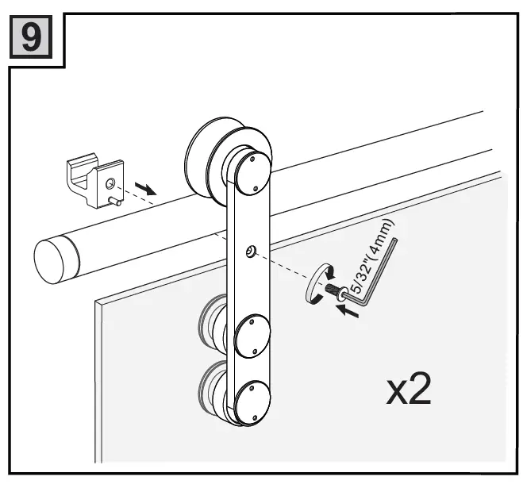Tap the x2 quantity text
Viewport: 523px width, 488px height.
pos(409,391)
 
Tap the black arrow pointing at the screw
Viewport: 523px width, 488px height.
pos(348,310)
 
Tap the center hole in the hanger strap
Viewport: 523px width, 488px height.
pos(250,252)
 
